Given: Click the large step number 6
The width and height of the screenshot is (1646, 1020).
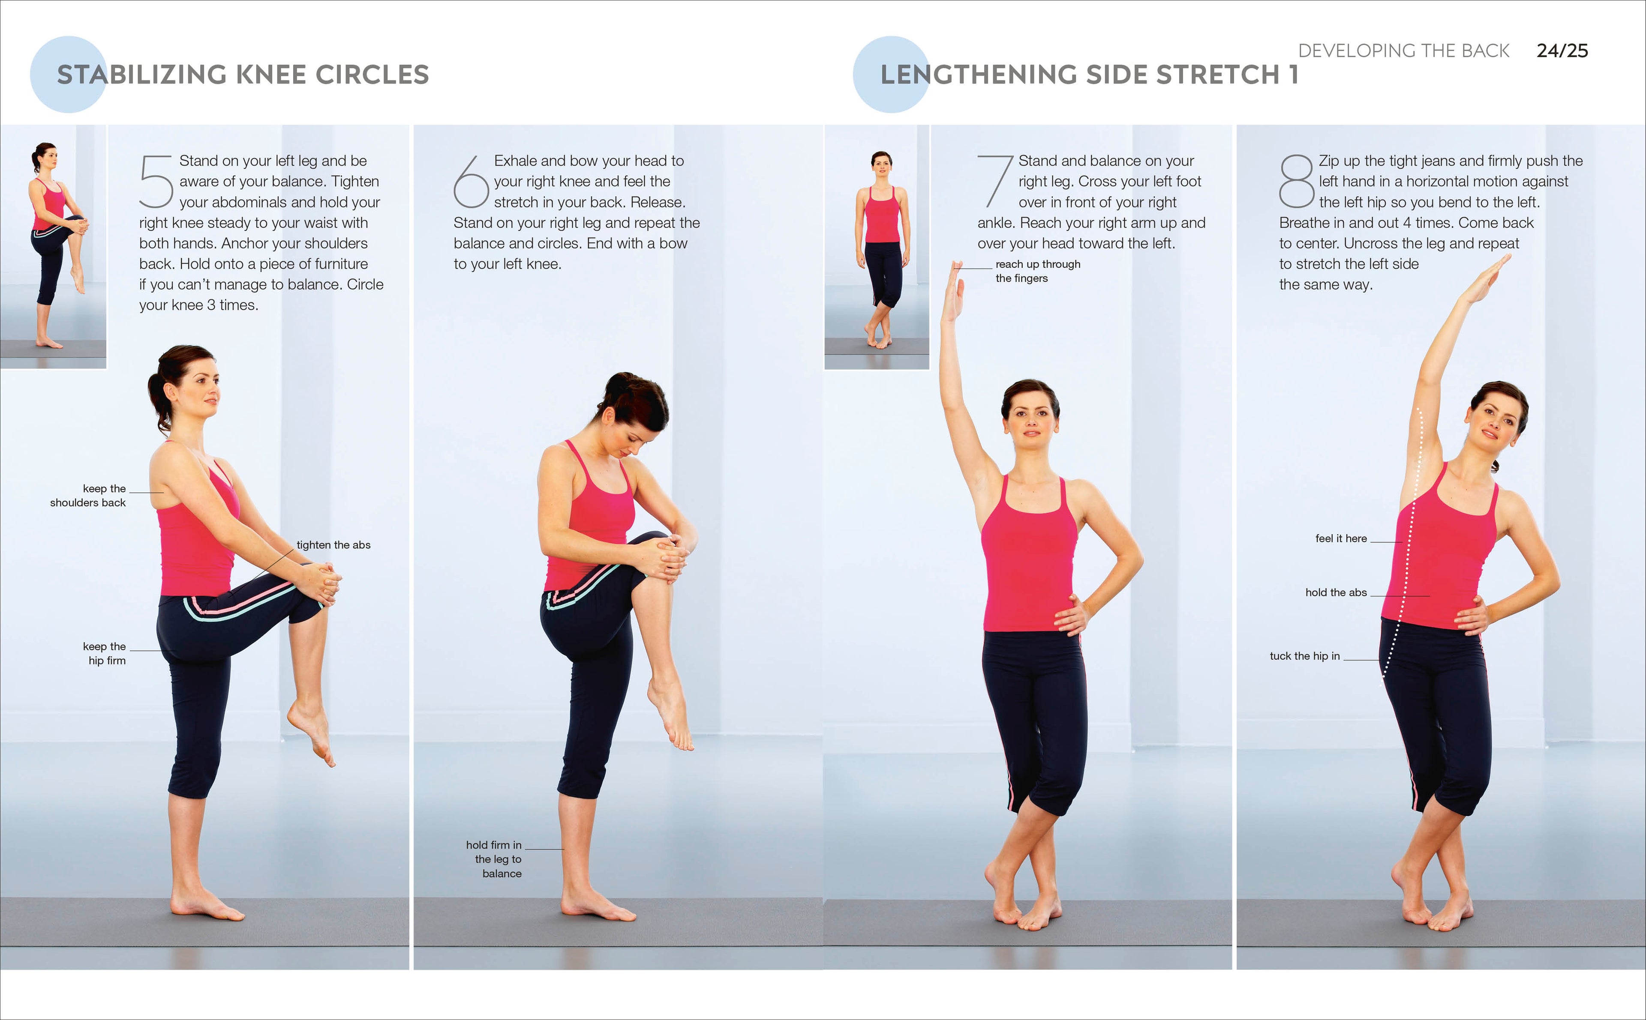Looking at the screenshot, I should point(470,182).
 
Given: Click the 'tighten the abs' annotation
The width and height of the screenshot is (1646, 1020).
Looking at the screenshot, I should point(333,544).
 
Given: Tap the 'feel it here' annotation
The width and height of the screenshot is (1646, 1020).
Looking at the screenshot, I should point(1340,538).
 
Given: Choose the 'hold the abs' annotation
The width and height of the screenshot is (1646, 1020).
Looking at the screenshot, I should point(1336,592).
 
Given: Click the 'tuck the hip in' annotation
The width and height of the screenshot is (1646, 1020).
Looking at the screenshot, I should point(1304,656).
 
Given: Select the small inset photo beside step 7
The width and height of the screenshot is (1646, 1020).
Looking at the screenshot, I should point(877,247).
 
